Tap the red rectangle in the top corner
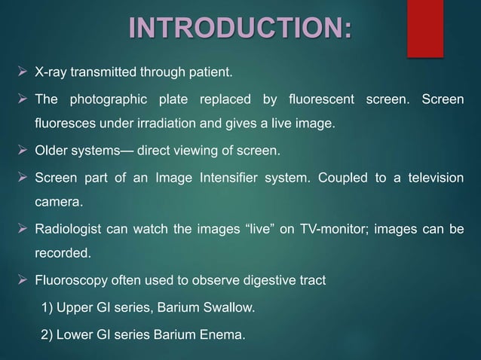(x=425, y=26)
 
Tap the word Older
(x=53, y=151)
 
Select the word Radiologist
(x=72, y=229)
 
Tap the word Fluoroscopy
(x=72, y=281)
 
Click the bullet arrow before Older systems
(x=23, y=151)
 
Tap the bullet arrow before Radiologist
(x=23, y=229)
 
